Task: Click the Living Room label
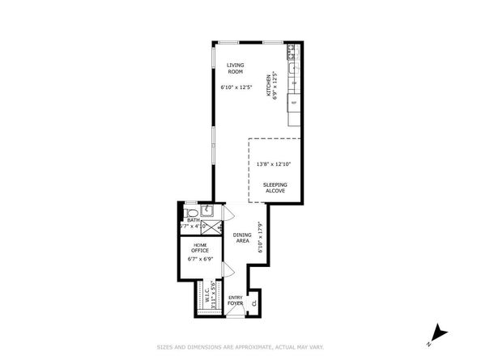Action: pyautogui.click(x=235, y=68)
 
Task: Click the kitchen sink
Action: pyautogui.click(x=294, y=83)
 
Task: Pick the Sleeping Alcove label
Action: pyautogui.click(x=275, y=188)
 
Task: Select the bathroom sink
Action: pyautogui.click(x=206, y=211)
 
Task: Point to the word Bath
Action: pyautogui.click(x=193, y=219)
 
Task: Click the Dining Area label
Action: pyautogui.click(x=242, y=238)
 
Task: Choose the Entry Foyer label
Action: pyautogui.click(x=235, y=300)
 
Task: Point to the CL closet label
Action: pyautogui.click(x=253, y=303)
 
